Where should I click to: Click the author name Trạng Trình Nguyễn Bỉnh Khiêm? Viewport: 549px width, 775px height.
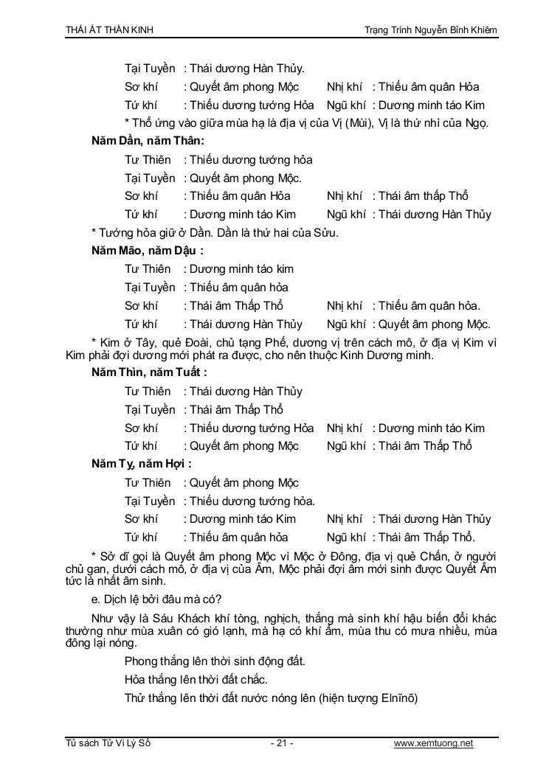coord(431,29)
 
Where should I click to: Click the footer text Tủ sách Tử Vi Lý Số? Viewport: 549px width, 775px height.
coord(108,743)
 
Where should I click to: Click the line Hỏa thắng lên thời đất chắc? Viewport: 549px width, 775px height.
coord(196,679)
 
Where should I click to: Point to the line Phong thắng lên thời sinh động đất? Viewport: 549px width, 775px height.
coord(215,661)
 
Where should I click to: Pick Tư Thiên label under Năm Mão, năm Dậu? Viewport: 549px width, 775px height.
coord(148,269)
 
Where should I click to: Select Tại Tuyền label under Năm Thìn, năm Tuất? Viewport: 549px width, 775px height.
coord(150,410)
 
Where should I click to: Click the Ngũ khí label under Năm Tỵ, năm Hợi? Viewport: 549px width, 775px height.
coord(346,538)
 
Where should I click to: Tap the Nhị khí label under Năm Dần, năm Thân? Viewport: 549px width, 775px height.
coord(345,196)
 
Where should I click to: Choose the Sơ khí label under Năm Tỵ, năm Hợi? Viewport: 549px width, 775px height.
coord(141,519)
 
